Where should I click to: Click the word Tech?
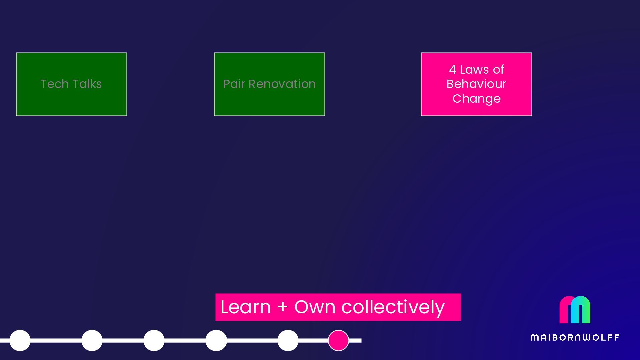tap(54, 84)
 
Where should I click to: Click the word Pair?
tap(234, 84)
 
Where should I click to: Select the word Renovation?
tap(282, 84)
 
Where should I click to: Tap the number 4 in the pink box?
tap(452, 70)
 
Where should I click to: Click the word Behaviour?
tap(476, 84)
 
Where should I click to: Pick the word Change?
tap(476, 99)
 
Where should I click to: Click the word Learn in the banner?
tap(246, 307)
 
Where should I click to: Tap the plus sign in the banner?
tap(283, 307)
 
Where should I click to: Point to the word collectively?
tap(393, 307)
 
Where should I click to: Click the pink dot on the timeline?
tap(338, 340)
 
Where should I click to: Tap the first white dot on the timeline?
tap(20, 340)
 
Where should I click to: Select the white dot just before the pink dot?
tap(288, 340)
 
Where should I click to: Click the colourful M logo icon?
tap(575, 310)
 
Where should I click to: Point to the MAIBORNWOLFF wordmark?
tap(575, 338)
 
